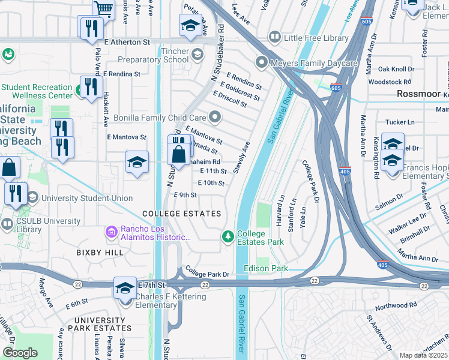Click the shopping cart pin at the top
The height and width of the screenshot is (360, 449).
[104, 8]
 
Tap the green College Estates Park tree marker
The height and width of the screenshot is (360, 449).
[228, 238]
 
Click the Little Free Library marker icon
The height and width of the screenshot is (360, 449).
[275, 38]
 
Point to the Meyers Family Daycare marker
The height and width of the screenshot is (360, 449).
[262, 62]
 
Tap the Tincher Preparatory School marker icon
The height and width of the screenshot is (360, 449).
[197, 57]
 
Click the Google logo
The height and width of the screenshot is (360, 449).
[20, 353]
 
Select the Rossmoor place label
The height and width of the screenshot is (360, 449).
[418, 94]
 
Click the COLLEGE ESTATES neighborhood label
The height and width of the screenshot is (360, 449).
[181, 214]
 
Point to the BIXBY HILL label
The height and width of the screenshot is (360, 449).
[100, 253]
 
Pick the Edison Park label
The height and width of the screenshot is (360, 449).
[266, 268]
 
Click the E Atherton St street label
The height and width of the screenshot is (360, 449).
[127, 43]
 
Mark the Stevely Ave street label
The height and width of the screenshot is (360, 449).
[241, 158]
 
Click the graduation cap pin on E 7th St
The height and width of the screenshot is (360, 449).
[125, 288]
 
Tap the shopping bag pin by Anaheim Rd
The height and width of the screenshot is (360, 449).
[179, 154]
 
